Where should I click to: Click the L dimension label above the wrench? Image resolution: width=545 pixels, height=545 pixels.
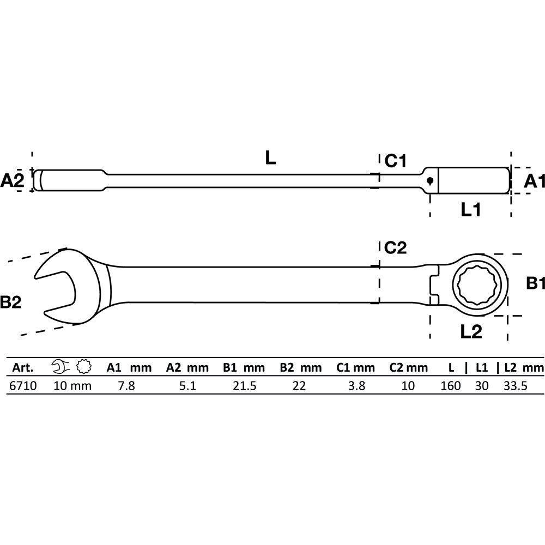[270, 158]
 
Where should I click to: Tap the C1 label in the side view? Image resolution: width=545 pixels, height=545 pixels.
[395, 161]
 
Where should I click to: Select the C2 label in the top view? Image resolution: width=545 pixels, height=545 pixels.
[395, 247]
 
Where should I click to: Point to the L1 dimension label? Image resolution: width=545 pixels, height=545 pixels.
[471, 210]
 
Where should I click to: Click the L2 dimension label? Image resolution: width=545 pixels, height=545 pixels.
[471, 332]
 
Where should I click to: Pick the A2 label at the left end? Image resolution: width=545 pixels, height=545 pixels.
[12, 181]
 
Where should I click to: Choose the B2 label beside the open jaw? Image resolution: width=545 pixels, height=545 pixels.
[11, 302]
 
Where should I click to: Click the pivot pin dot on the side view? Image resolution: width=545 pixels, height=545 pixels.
[430, 180]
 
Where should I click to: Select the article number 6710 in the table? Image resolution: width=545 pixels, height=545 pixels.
[23, 386]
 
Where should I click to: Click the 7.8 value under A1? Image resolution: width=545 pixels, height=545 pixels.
[126, 386]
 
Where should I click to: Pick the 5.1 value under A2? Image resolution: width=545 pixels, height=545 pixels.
[187, 386]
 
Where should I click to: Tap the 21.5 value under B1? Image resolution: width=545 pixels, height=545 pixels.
[245, 386]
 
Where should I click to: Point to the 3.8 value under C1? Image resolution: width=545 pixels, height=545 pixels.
[356, 386]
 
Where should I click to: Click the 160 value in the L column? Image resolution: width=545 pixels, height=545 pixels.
[451, 386]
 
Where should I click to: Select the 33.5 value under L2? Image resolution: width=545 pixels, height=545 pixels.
[516, 386]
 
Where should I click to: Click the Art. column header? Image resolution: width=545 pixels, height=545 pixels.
[23, 368]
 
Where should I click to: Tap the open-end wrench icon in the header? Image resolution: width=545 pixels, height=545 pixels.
[60, 367]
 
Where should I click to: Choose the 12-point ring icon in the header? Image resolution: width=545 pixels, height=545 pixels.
[84, 367]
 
